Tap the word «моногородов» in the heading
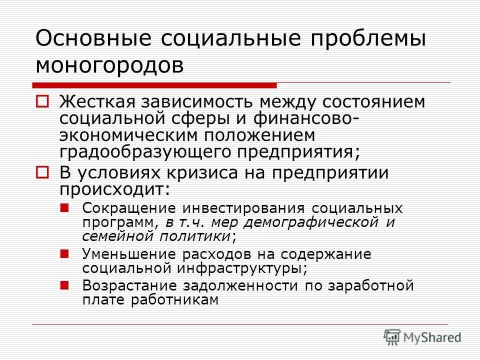tap(109, 64)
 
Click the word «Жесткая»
tap(99, 102)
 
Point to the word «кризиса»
tap(223, 173)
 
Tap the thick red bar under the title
tap(155, 85)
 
